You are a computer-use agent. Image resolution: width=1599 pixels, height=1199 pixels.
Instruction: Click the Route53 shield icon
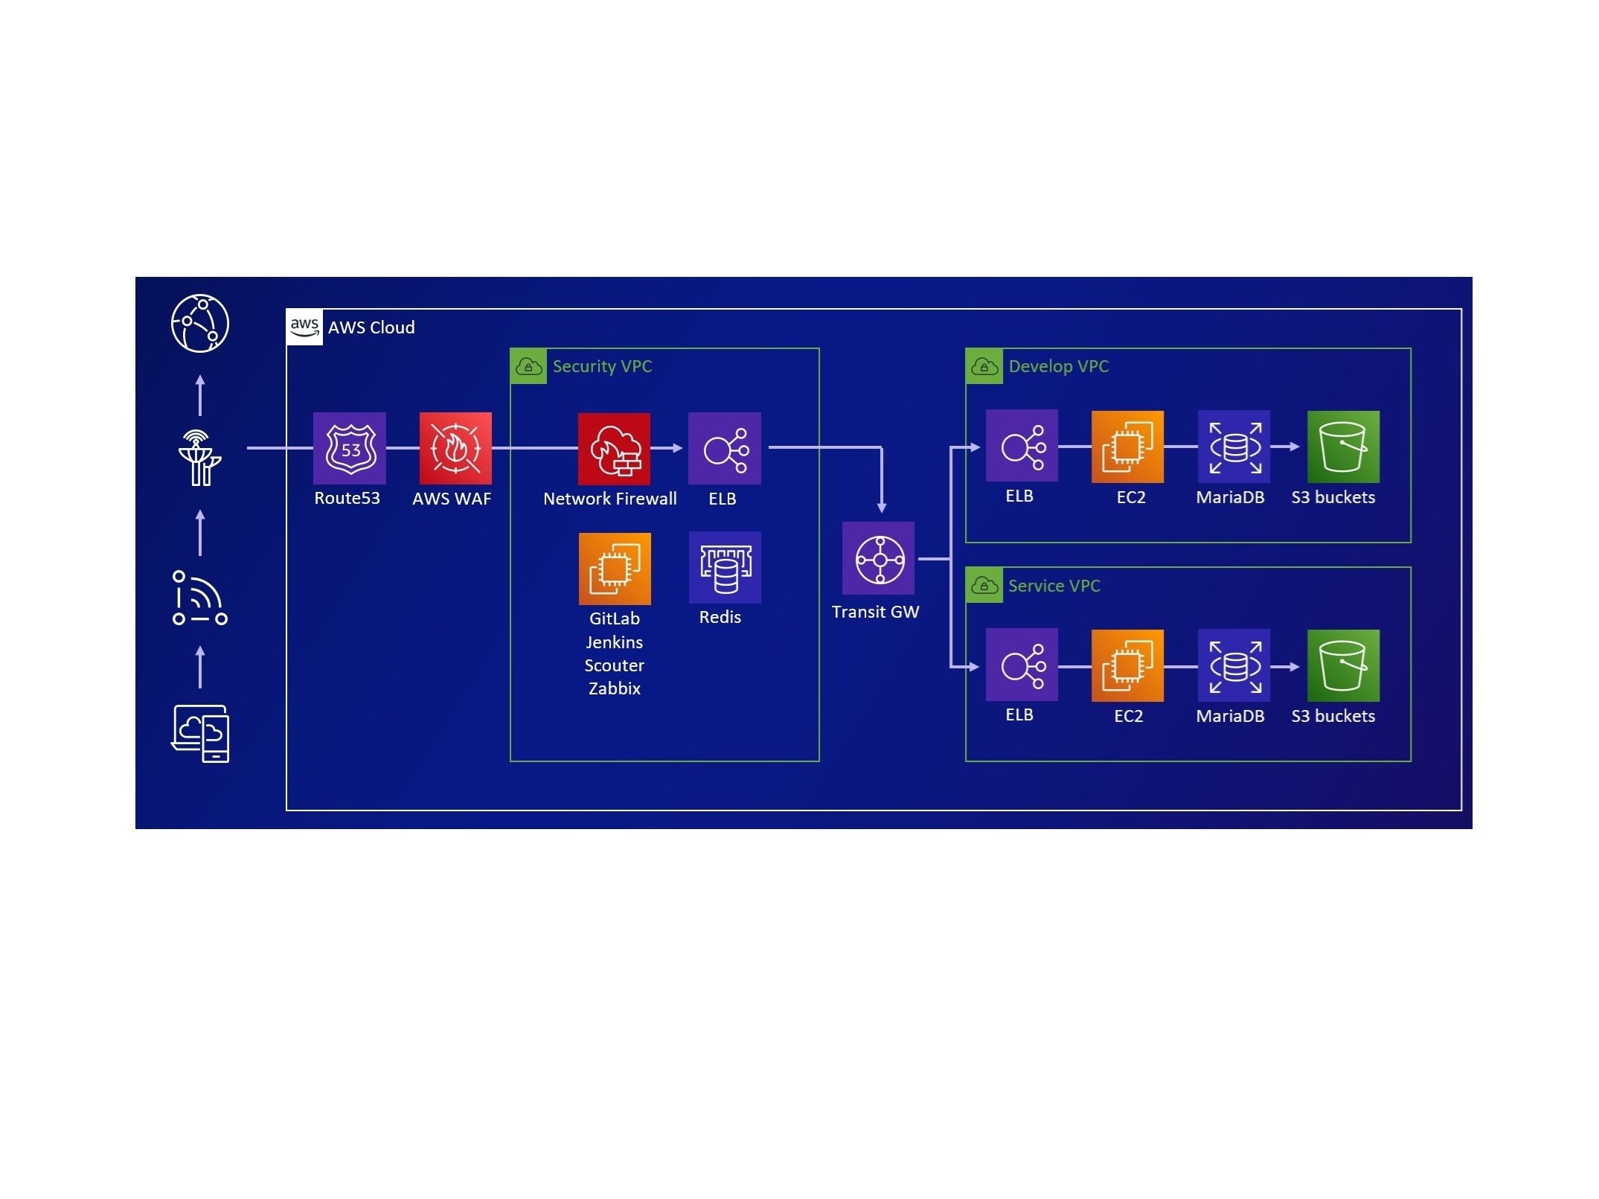click(x=349, y=448)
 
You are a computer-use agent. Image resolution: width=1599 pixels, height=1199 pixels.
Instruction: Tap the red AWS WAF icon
click(x=455, y=448)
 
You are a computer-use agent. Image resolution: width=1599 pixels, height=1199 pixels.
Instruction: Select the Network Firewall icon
click(x=614, y=449)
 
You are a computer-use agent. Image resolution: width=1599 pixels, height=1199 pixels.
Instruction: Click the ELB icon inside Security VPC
click(x=724, y=448)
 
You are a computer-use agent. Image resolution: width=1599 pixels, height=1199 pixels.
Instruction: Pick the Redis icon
click(x=725, y=567)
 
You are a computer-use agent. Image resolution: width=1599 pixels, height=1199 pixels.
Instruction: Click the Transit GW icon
click(x=878, y=558)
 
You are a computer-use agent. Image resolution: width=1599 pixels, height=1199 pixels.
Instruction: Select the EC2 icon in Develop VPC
click(x=1127, y=447)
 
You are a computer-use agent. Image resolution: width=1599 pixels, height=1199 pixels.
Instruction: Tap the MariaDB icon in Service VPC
click(x=1234, y=665)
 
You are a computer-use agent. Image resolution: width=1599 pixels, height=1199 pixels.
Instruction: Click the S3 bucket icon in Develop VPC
click(x=1343, y=447)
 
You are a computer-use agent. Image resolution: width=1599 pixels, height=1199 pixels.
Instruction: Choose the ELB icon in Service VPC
click(x=1022, y=665)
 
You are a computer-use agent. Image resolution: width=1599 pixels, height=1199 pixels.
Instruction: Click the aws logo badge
click(x=304, y=327)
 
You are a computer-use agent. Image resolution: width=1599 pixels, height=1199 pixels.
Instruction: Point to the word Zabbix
click(x=614, y=688)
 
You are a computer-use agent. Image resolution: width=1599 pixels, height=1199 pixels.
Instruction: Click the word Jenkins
click(x=614, y=642)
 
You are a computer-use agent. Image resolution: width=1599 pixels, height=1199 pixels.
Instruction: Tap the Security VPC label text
click(x=602, y=366)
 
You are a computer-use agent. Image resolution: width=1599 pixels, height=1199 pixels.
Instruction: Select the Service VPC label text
click(x=1054, y=586)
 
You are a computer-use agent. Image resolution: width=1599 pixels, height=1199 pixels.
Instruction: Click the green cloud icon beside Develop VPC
click(x=984, y=366)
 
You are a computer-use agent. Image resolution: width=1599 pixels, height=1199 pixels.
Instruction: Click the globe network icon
click(x=199, y=323)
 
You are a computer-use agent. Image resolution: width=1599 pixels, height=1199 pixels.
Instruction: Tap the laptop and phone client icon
click(x=200, y=734)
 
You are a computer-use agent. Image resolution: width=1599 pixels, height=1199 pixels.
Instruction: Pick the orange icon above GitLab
click(x=615, y=569)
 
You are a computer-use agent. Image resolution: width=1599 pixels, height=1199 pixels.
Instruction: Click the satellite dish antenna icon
click(x=199, y=458)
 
